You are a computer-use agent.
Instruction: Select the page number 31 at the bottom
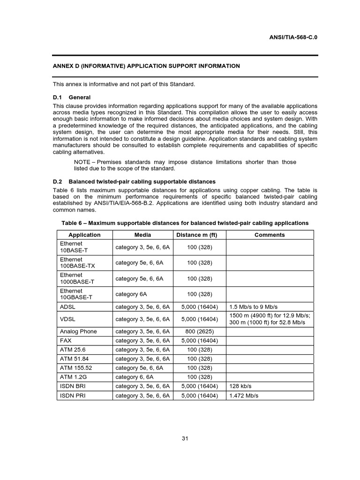(x=185, y=438)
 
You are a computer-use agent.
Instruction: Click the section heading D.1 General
(x=72, y=97)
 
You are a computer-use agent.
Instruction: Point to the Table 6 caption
(x=185, y=223)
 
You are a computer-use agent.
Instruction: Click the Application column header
(x=84, y=235)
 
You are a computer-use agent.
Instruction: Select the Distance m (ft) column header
(x=199, y=235)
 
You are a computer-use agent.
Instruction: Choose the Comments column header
(x=269, y=235)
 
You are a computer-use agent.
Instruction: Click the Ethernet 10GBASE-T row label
(x=76, y=294)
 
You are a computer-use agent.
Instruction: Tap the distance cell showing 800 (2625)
(x=199, y=331)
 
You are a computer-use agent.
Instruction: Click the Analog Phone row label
(x=78, y=331)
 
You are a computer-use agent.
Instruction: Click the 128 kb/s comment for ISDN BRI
(x=240, y=386)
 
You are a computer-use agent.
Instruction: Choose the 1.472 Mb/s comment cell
(x=243, y=396)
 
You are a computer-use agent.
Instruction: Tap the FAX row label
(x=66, y=341)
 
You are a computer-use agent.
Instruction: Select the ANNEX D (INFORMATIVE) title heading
(x=146, y=66)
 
